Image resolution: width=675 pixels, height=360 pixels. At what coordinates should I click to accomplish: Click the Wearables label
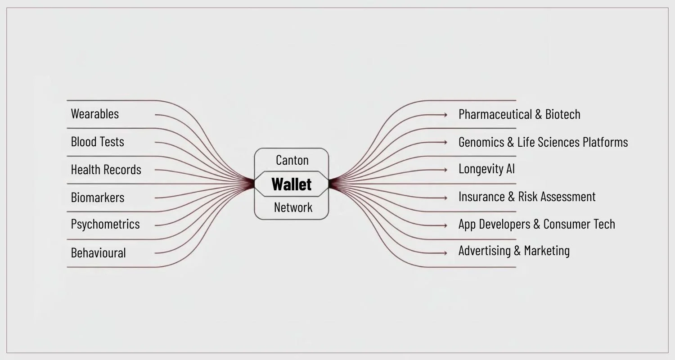click(95, 114)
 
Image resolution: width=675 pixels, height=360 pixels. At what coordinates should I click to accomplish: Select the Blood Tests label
click(97, 142)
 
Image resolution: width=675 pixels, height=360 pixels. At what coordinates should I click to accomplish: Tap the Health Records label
click(106, 170)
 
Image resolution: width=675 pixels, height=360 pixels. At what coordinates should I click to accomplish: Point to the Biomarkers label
click(98, 198)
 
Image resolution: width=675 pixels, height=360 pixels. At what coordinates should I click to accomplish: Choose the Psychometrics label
click(105, 224)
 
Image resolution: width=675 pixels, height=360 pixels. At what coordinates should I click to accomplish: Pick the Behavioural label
click(98, 252)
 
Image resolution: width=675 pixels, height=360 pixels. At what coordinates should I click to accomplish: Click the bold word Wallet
click(292, 184)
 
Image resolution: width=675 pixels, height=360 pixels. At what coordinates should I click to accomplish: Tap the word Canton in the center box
click(292, 160)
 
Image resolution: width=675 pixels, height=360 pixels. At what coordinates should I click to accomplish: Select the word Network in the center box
click(293, 207)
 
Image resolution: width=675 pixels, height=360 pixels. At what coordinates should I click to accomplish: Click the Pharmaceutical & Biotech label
click(519, 114)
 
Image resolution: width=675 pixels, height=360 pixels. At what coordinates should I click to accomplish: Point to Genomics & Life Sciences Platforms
click(543, 142)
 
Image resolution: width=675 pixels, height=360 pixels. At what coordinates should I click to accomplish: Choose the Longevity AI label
click(486, 169)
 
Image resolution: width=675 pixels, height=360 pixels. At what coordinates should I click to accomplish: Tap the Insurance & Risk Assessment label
click(527, 197)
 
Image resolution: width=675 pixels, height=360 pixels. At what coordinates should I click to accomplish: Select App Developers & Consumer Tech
click(536, 224)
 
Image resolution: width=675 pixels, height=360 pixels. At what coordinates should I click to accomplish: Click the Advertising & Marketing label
click(514, 251)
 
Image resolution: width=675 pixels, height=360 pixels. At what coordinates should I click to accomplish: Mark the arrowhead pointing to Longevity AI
click(445, 170)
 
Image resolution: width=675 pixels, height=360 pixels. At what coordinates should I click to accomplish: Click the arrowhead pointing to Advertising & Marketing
click(445, 253)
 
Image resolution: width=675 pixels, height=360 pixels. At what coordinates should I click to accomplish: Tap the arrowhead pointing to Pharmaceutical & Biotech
click(445, 115)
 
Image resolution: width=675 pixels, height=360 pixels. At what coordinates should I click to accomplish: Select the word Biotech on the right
click(562, 114)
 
